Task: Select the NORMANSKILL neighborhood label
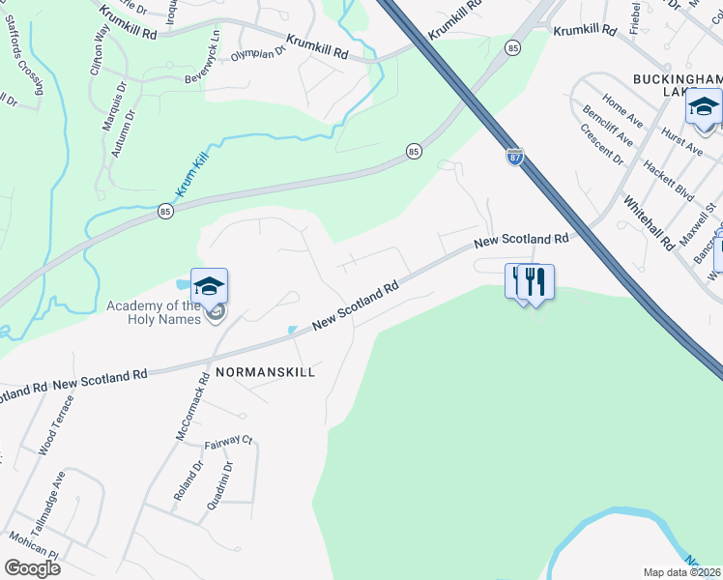pos(265,372)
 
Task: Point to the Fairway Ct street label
pos(229,443)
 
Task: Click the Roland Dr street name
pos(188,480)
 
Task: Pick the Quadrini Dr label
pos(219,485)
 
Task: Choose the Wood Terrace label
pos(56,428)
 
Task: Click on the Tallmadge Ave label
pos(46,497)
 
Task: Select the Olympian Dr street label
pos(258,54)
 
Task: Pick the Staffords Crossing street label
pos(26,60)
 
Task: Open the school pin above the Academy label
pos(209,285)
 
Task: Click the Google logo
pos(33,567)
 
